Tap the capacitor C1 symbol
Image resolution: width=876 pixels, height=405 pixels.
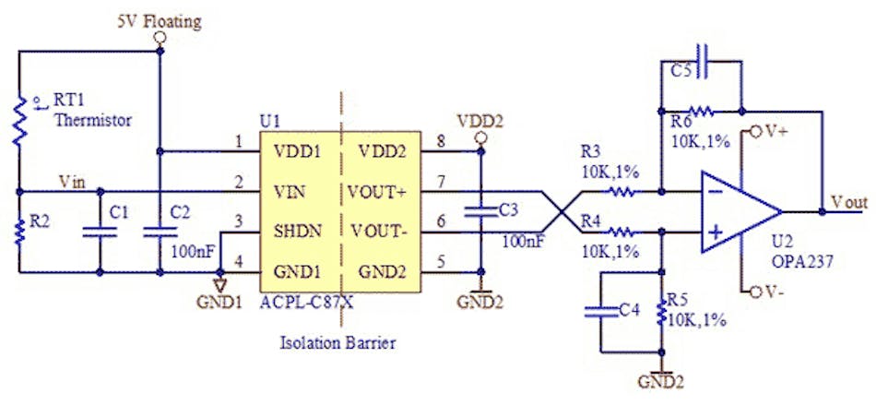(x=99, y=232)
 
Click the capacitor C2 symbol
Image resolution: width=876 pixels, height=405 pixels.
(x=160, y=232)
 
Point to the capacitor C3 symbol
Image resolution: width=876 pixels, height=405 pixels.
(x=479, y=211)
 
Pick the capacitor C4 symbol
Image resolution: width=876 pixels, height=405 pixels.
(x=600, y=312)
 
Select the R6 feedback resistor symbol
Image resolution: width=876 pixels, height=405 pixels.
(x=701, y=112)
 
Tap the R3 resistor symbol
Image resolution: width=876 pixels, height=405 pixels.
(x=621, y=193)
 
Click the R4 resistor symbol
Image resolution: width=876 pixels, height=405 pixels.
(x=621, y=232)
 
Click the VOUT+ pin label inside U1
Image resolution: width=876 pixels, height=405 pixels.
(x=377, y=191)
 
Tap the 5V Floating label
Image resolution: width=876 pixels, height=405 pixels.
(x=160, y=18)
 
